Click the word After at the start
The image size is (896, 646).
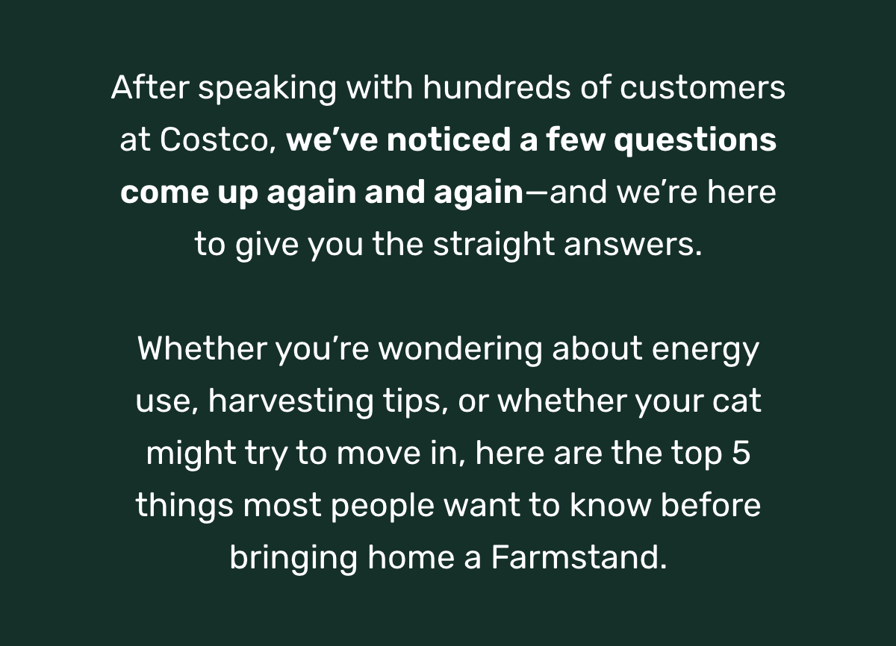pos(150,87)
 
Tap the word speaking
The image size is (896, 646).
pos(267,90)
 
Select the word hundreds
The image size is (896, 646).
pos(497,87)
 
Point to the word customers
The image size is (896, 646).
pos(703,88)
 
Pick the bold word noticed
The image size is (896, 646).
pos(449,139)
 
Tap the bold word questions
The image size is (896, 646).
pos(695,142)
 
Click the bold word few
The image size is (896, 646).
pos(576,139)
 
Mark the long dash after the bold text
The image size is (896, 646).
pos(537,192)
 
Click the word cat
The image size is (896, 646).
pos(736,402)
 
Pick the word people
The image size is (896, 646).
pos(383,507)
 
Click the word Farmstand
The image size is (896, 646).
pos(579,557)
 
